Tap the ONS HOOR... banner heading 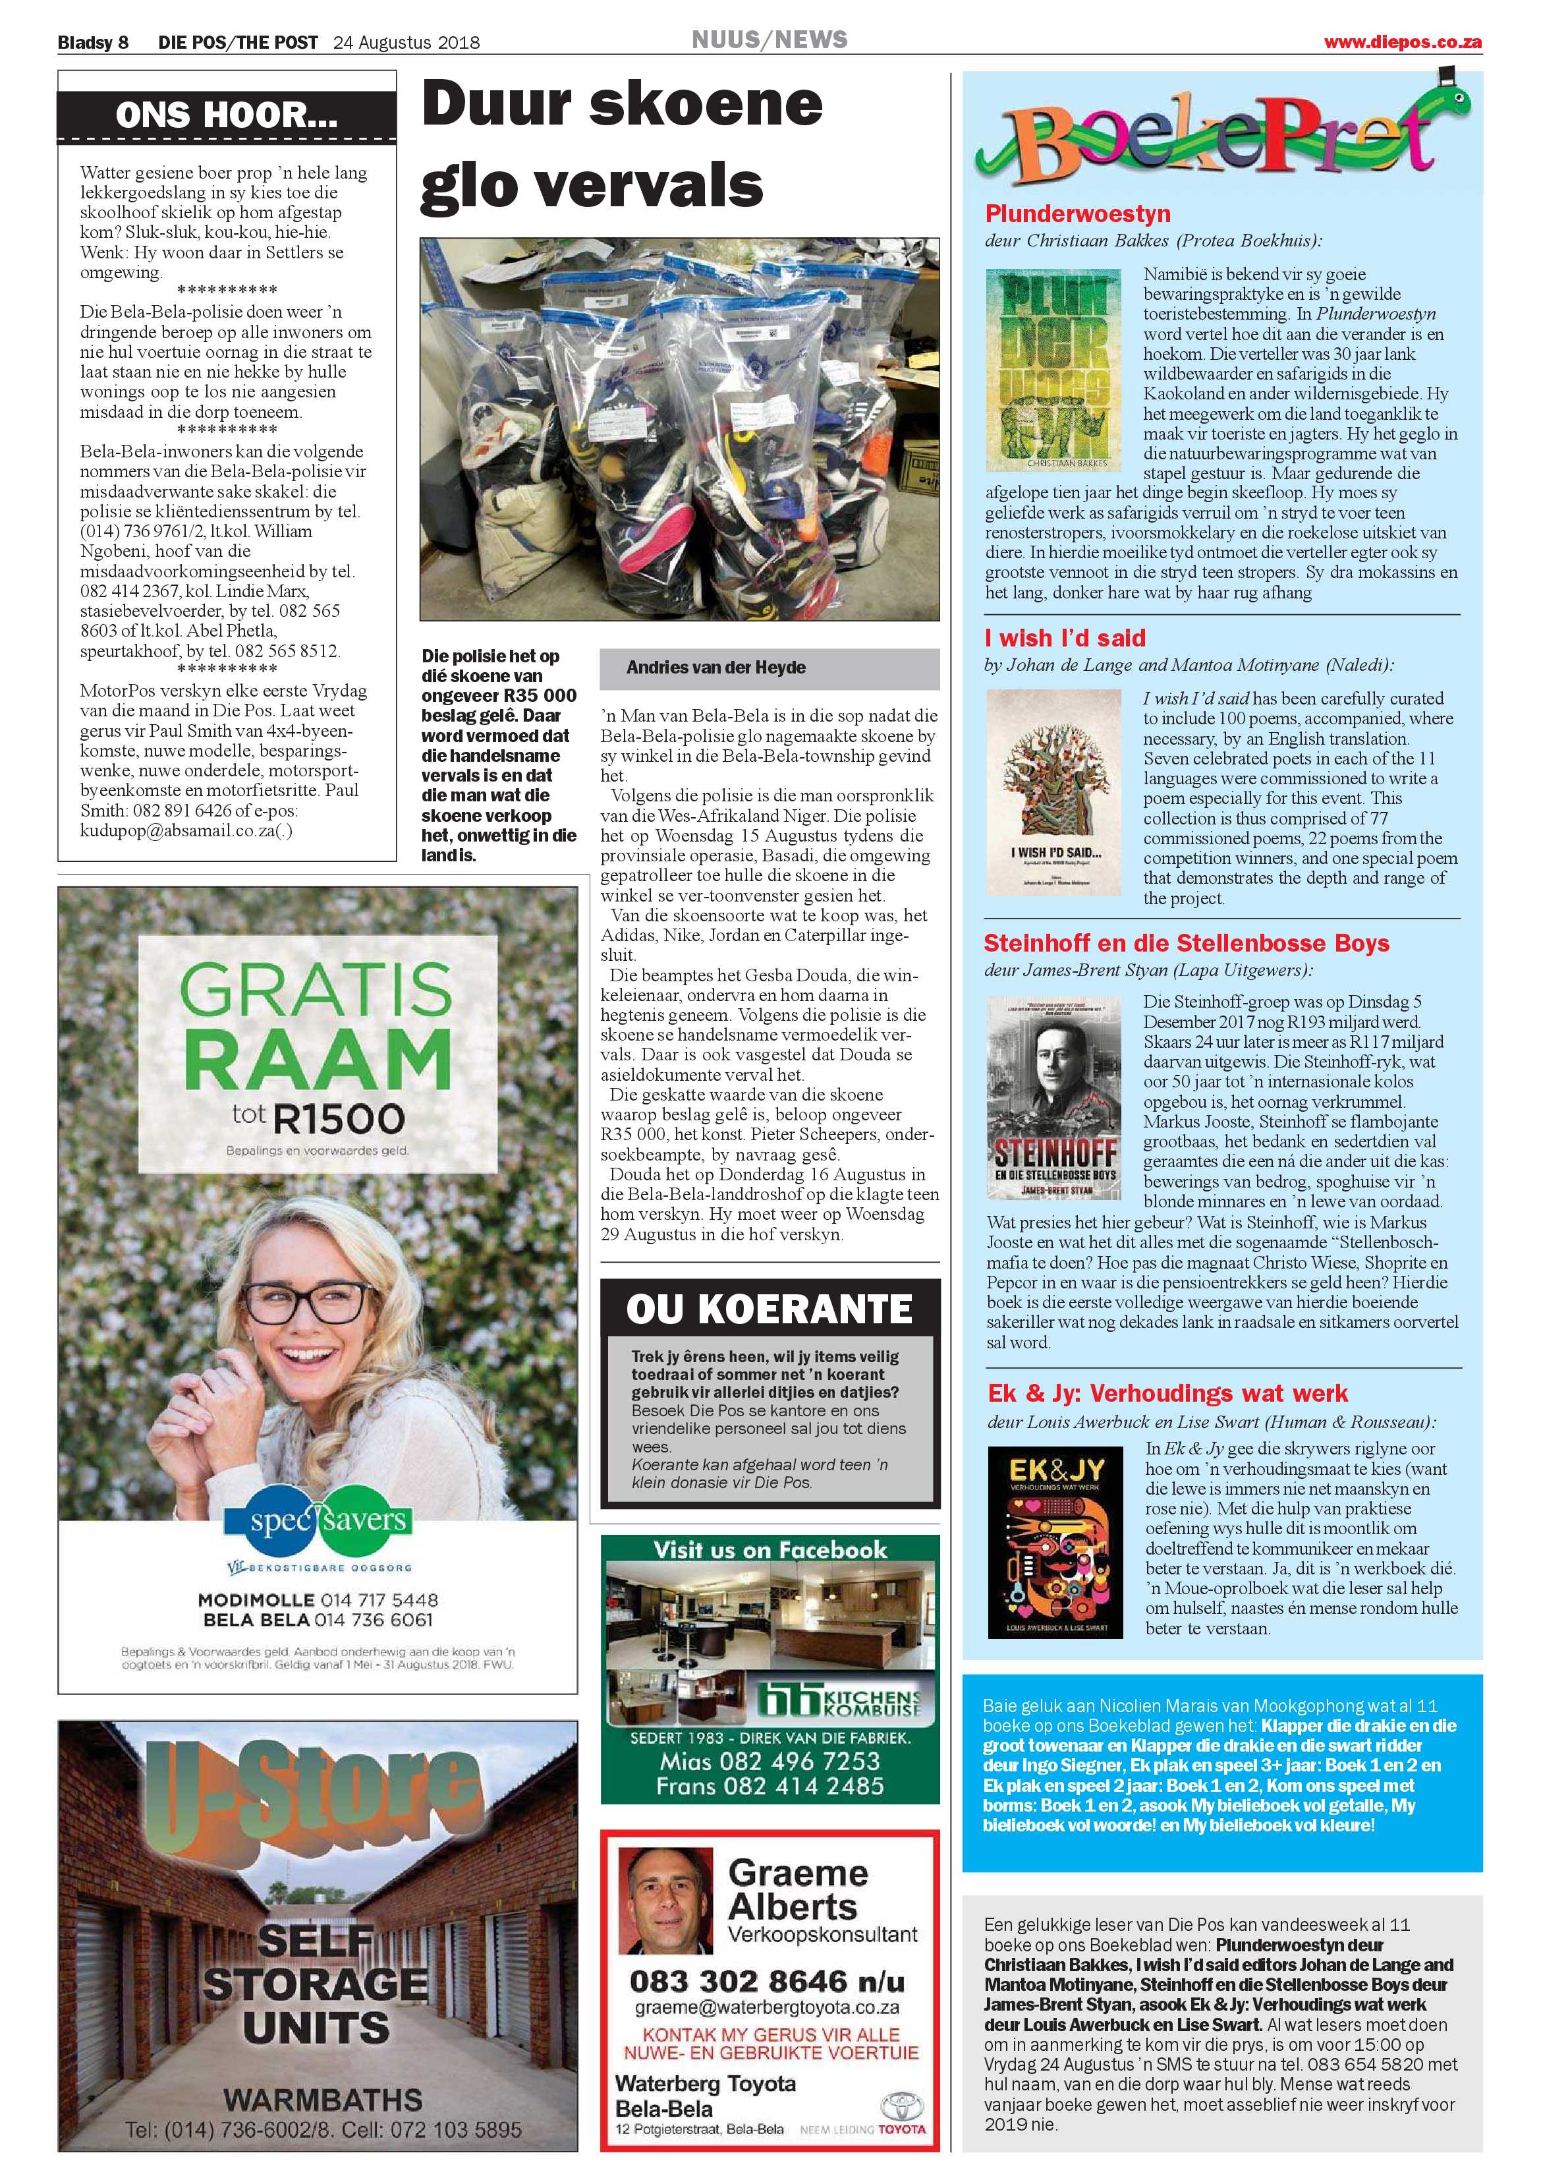[x=226, y=116]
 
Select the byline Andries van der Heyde [x=716, y=668]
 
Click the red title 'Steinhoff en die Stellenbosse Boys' [x=1186, y=943]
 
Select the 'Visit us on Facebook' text [x=769, y=1549]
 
